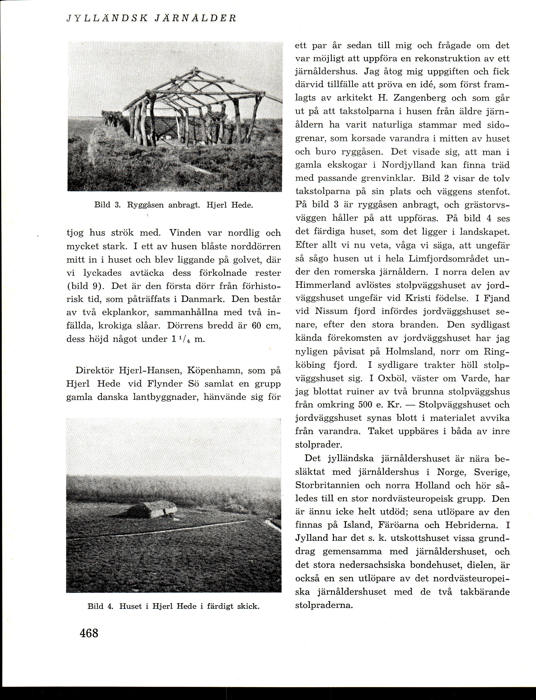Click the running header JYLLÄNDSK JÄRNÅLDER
[151, 18]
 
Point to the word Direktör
[95, 371]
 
